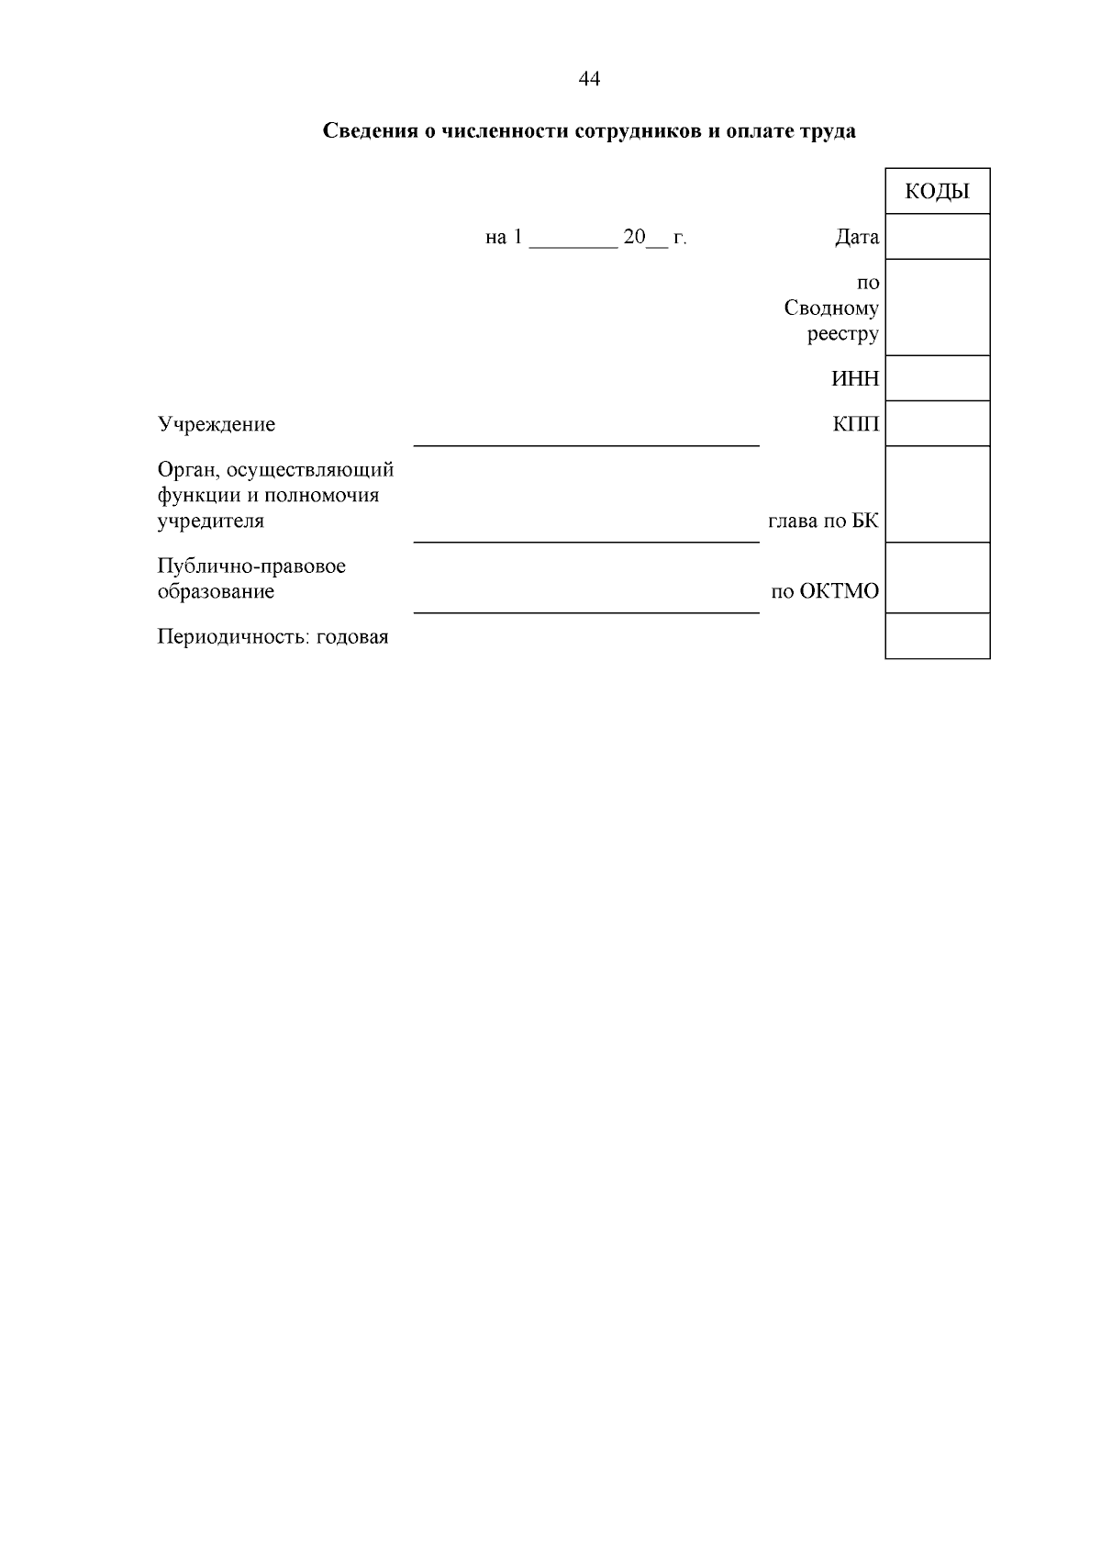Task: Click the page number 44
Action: coord(589,80)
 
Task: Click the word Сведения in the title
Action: coord(369,131)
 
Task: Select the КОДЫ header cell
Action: coord(937,191)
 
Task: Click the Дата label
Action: coord(856,238)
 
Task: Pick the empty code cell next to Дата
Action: coord(937,237)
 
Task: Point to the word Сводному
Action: coord(830,308)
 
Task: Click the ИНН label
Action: coord(854,378)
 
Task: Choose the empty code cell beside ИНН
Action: coord(937,378)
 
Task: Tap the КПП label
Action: coord(855,424)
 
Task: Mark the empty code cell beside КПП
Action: coord(937,423)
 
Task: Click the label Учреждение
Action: coord(217,425)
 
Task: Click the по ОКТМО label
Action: coord(824,592)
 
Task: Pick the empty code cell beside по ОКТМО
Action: coord(937,577)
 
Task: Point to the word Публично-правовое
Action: coord(251,566)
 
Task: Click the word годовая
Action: coord(352,637)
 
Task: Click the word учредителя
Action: coord(210,521)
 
